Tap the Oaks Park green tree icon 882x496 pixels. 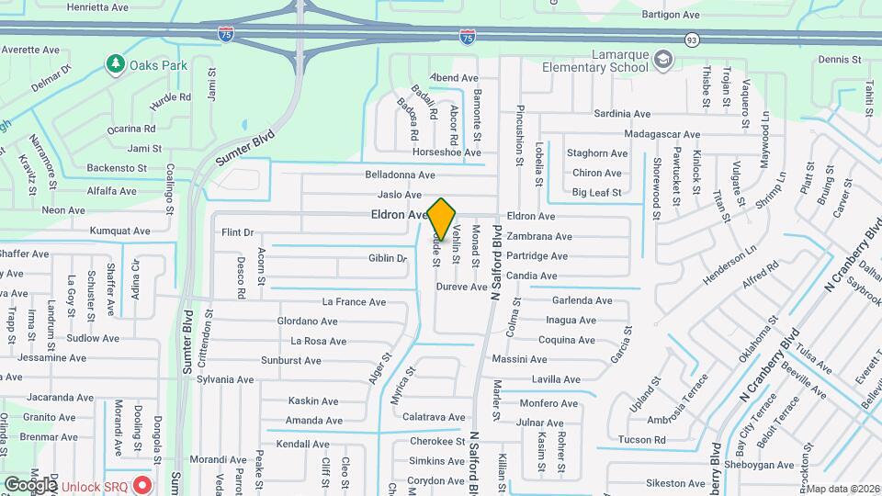[115, 64]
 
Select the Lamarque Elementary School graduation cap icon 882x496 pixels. [663, 60]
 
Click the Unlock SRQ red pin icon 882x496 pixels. [141, 484]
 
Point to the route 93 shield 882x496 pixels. [691, 39]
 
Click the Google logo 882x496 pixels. [30, 484]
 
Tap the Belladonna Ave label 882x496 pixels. [400, 175]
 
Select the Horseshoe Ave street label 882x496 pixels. [447, 152]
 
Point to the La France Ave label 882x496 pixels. [354, 302]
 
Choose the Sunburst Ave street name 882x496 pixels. [291, 360]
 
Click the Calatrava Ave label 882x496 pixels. [434, 417]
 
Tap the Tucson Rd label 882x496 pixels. [642, 440]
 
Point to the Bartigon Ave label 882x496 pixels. [671, 15]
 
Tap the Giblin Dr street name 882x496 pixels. [387, 259]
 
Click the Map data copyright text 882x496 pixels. [842, 489]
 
